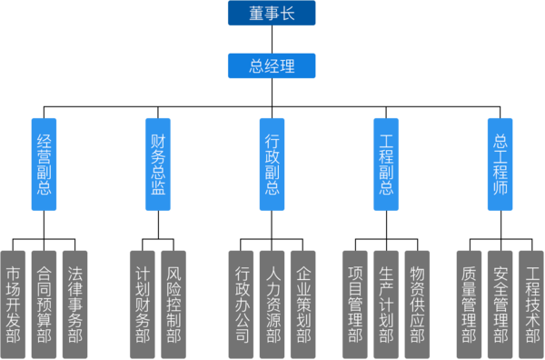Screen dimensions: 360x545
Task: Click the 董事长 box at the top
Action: [272, 14]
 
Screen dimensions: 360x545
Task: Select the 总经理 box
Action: [272, 65]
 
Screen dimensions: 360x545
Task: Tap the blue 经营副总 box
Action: [44, 164]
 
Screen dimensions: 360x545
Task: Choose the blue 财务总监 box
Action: [158, 164]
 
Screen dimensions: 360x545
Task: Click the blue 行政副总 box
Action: [272, 164]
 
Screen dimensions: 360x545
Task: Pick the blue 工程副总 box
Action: [386, 164]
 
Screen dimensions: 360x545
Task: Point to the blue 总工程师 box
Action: [500, 164]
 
